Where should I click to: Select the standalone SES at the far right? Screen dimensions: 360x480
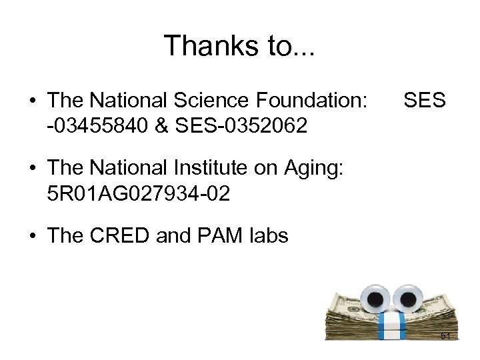[424, 101]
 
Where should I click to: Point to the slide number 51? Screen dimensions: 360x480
[446, 337]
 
